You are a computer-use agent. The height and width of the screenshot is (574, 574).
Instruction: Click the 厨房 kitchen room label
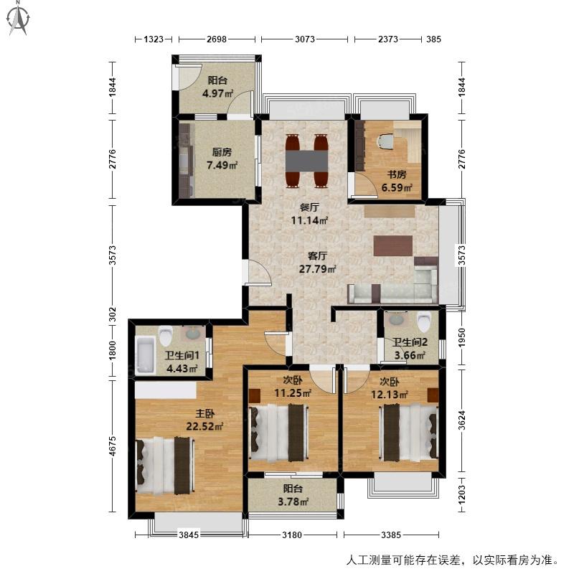pyautogui.click(x=222, y=152)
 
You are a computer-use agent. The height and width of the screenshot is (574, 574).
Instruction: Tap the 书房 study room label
pyautogui.click(x=397, y=174)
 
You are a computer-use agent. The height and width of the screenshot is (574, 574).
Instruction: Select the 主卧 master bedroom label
pyautogui.click(x=204, y=414)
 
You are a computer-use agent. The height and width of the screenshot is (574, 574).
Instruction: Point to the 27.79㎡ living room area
pyautogui.click(x=317, y=269)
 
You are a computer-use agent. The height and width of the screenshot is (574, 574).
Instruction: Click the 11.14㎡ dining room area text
pyautogui.click(x=309, y=220)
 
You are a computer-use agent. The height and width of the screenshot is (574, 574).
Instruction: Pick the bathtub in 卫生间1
pyautogui.click(x=145, y=355)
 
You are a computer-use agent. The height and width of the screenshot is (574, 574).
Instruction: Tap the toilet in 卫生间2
pyautogui.click(x=424, y=321)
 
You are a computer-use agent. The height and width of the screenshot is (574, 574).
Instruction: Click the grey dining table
pyautogui.click(x=307, y=160)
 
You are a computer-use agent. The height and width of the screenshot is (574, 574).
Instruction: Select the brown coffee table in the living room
pyautogui.click(x=393, y=245)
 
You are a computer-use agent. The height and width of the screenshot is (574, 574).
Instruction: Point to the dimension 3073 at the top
pyautogui.click(x=304, y=39)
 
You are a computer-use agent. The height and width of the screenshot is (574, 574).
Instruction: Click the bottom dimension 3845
pyautogui.click(x=189, y=535)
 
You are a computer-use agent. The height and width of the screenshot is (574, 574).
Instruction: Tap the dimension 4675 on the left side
pyautogui.click(x=113, y=446)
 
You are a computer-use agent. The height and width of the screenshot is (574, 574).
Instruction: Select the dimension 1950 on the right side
pyautogui.click(x=461, y=338)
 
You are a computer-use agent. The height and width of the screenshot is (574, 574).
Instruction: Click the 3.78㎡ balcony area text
pyautogui.click(x=293, y=501)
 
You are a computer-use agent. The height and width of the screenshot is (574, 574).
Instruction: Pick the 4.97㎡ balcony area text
pyautogui.click(x=217, y=93)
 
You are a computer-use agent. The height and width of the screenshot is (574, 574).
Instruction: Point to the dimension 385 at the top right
pyautogui.click(x=433, y=39)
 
